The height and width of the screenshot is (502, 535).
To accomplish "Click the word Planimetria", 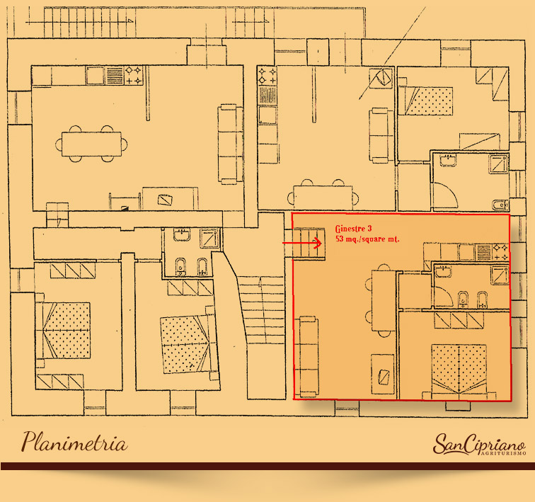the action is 75,443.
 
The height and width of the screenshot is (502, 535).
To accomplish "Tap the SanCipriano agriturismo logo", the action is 479,445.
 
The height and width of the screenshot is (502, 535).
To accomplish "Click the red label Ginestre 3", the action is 354,229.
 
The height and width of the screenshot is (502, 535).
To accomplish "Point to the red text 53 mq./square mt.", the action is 367,239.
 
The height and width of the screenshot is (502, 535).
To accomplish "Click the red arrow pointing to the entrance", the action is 301,243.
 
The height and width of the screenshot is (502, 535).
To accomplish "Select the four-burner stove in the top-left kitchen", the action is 134,76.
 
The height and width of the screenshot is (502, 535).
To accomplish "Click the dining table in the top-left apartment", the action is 91,144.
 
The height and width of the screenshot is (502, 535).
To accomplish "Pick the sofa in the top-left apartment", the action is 230,144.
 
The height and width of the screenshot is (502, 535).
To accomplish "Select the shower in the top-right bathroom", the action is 499,164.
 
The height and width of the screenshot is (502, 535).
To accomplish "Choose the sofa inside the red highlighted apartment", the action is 309,356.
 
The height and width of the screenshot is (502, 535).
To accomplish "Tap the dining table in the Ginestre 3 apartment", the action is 383,300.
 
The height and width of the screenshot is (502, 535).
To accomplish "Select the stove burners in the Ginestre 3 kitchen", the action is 500,252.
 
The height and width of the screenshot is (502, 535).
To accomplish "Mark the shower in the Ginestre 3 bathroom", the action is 500,275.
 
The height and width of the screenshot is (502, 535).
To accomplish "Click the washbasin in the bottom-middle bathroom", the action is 182,235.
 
